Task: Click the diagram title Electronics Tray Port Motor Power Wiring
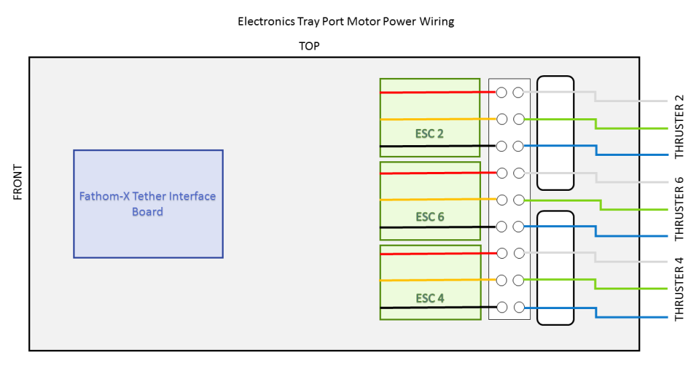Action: coord(345,21)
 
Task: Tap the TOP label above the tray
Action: coord(309,46)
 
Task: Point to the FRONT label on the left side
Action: coord(18,182)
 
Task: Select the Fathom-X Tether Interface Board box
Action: coord(148,204)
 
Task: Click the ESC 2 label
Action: coord(429,134)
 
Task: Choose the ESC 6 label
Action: coord(429,217)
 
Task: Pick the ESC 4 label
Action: coord(429,298)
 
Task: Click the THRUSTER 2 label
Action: coord(679,127)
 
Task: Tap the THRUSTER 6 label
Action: coord(679,208)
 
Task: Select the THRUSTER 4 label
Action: coord(679,290)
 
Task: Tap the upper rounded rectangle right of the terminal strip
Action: coord(556,132)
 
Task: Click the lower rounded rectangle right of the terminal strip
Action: coord(556,268)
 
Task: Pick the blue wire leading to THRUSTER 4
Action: coord(618,316)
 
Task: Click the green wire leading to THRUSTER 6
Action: coord(632,209)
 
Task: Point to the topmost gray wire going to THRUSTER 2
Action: coord(632,101)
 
